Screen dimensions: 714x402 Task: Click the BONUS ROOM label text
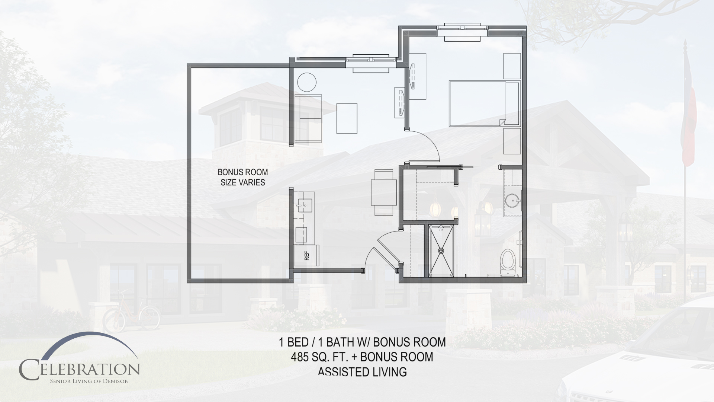tap(243, 173)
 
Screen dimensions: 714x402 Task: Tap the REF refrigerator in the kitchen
tap(307, 255)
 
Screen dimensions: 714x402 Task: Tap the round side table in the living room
tap(306, 82)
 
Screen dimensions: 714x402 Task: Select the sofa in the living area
tap(308, 118)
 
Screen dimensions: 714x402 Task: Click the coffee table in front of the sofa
tap(347, 118)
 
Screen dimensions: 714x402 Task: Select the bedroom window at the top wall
tap(462, 32)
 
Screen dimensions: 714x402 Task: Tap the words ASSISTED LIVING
tap(362, 371)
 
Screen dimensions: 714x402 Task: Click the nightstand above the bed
tap(512, 66)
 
